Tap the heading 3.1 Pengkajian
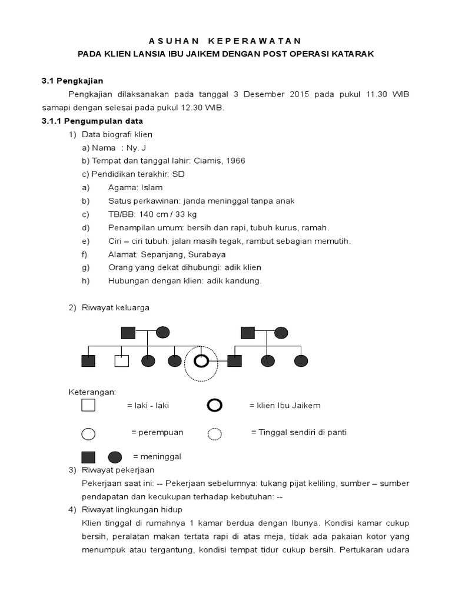click(x=72, y=81)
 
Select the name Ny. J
click(x=135, y=148)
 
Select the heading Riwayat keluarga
click(x=115, y=307)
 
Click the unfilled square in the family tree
click(x=121, y=361)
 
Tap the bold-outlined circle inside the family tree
click(x=201, y=361)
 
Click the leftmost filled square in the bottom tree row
click(x=88, y=361)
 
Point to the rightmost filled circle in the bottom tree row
click(x=301, y=361)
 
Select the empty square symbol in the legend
click(x=88, y=405)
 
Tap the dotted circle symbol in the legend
click(x=215, y=434)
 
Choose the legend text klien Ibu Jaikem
click(x=285, y=405)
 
